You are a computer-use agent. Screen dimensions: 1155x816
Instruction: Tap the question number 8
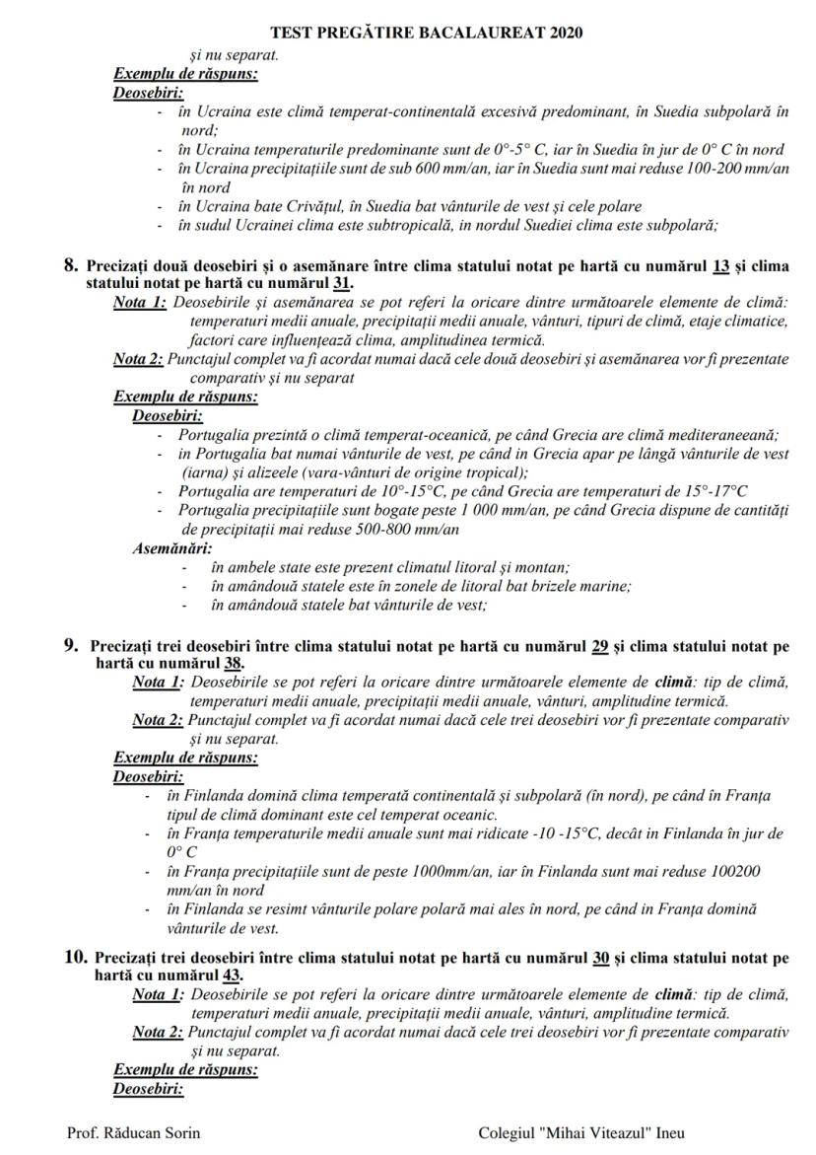tap(71, 265)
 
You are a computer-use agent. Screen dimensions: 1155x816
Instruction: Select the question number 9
tap(71, 646)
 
